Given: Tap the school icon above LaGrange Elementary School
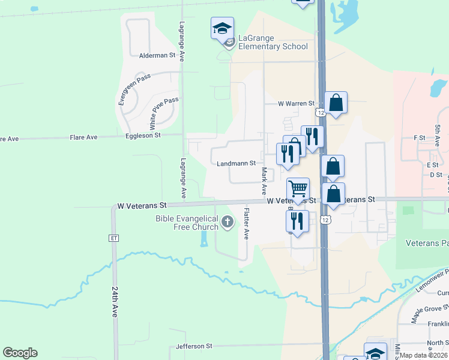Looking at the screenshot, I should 222,28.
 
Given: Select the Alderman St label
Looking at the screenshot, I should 157,55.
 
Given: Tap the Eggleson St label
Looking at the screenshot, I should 143,136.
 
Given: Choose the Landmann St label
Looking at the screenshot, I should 237,163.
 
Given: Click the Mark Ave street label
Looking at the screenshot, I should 264,181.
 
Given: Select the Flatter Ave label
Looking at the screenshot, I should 246,223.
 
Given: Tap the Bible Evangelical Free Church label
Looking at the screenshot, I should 187,223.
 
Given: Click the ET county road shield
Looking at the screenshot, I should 113,238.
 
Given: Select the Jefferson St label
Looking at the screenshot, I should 194,346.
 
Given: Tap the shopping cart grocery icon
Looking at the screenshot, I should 298,189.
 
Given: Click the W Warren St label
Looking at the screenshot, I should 296,103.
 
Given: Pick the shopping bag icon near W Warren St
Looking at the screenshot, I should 336,103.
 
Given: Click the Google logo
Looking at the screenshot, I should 20,353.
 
